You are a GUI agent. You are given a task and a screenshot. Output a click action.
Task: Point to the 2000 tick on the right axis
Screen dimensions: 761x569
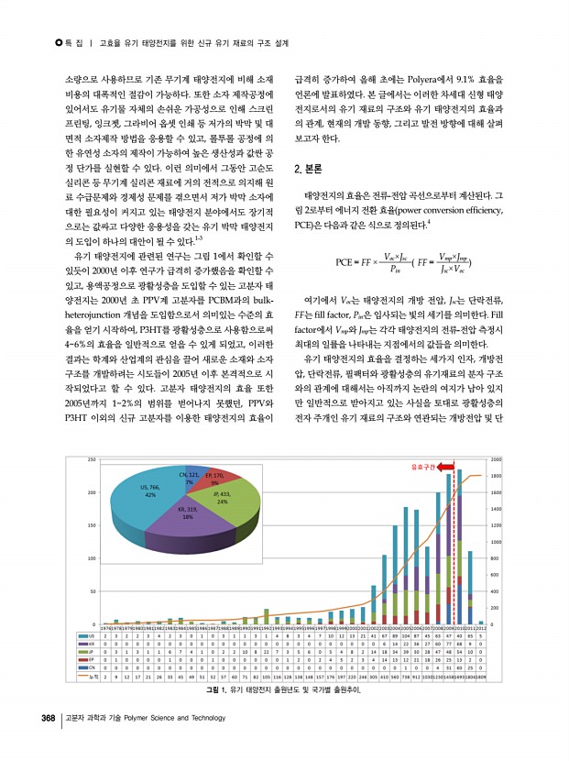tap(496, 459)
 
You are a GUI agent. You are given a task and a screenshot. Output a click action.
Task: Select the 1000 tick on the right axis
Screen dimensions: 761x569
tap(496, 542)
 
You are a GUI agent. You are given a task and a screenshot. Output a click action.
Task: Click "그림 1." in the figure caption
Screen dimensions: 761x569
tap(217, 689)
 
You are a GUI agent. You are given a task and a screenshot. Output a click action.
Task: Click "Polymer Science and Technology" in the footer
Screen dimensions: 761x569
tap(173, 717)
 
